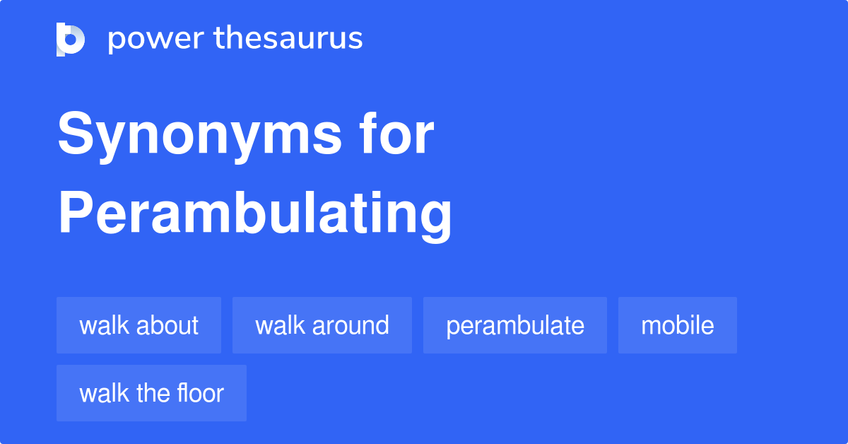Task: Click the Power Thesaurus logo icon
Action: coord(71,39)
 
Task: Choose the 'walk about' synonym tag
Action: coord(139,325)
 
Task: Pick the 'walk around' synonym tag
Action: coord(322,325)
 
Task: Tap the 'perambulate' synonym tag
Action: coord(515,325)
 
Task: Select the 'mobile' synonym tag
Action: coord(678,325)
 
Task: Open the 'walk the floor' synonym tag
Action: coord(151,393)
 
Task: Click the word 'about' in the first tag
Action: coord(168,325)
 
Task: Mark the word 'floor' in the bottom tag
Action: coord(201,393)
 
